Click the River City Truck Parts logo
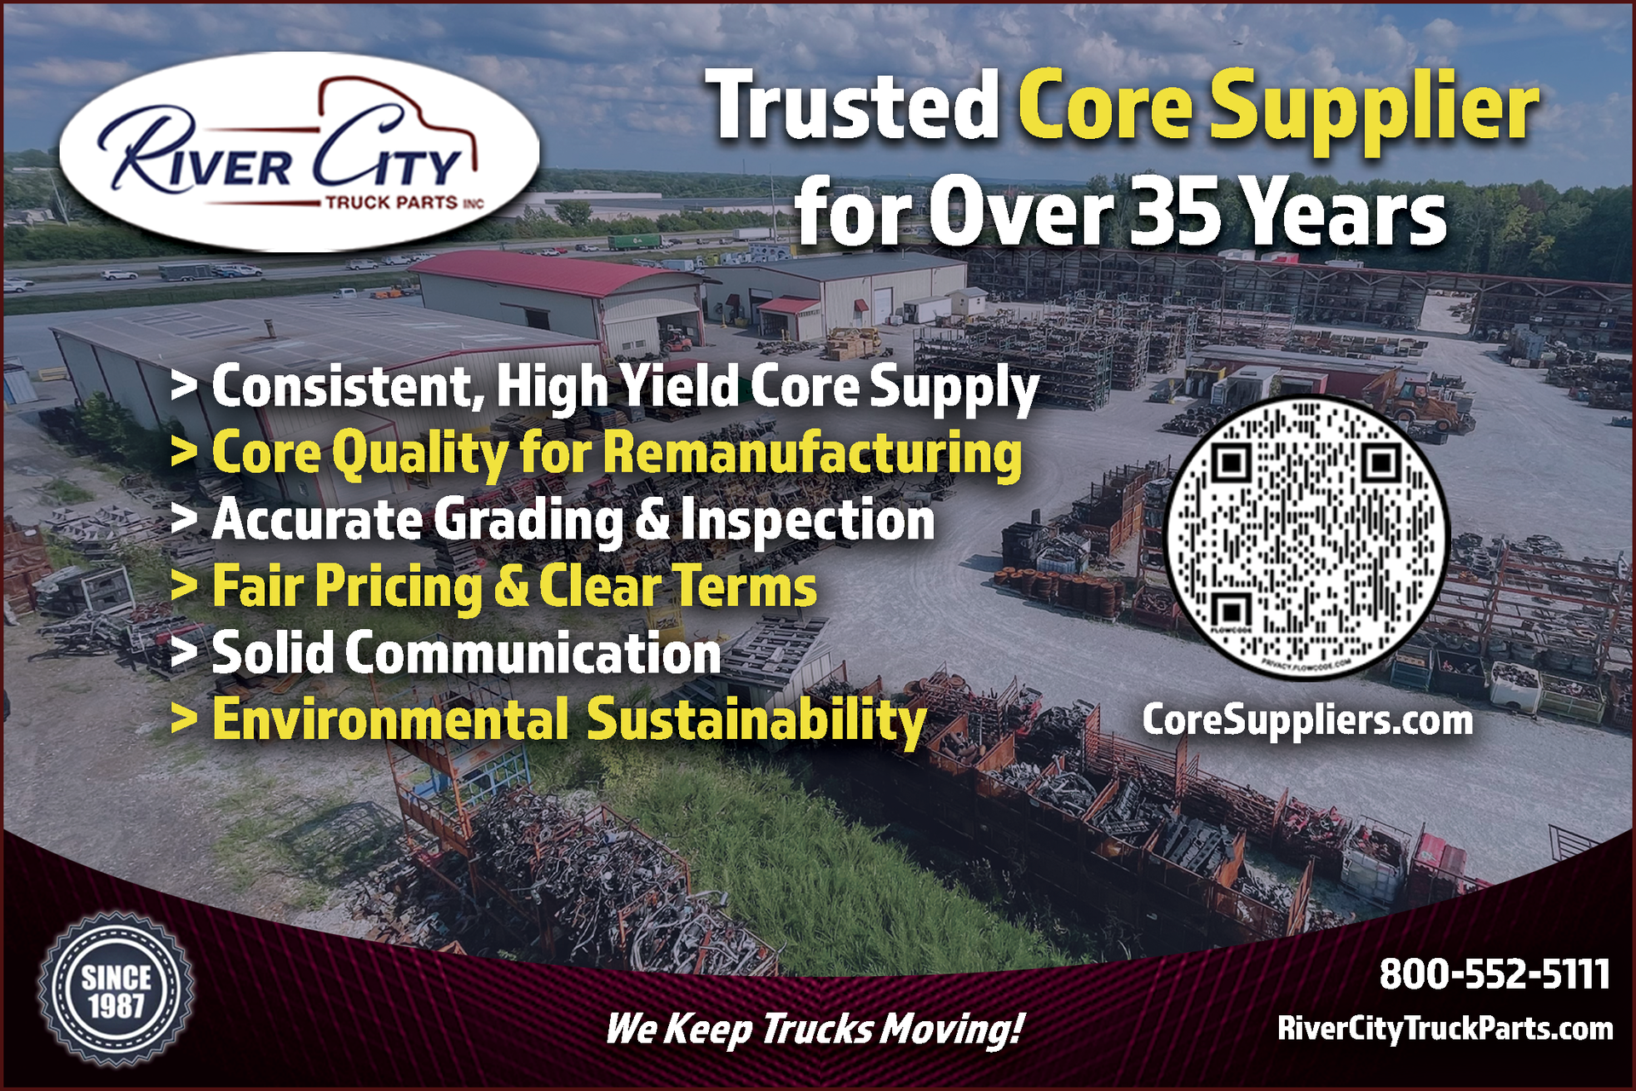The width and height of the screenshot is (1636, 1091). point(299,152)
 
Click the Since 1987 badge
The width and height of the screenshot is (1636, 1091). point(116,990)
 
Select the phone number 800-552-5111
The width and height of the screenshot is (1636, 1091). point(1495,974)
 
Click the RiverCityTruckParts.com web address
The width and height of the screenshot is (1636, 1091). point(1445,1029)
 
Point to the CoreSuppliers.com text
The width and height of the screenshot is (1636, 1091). point(1307,720)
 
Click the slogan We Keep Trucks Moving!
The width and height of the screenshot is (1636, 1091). point(814,1029)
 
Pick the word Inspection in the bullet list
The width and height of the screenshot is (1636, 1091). point(808,521)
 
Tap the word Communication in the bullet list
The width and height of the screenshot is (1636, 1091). point(533,654)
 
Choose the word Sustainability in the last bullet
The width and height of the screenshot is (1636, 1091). point(757,720)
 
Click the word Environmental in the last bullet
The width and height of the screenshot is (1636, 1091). point(390,719)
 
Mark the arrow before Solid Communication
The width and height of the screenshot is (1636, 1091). point(183,654)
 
